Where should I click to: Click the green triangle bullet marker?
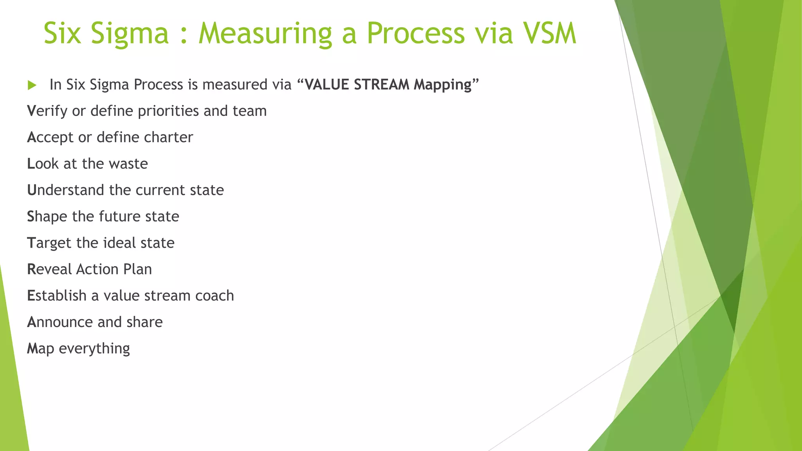tap(32, 85)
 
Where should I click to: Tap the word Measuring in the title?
tap(265, 33)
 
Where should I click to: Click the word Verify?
tap(47, 111)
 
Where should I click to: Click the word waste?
tap(128, 164)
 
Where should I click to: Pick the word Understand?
tap(65, 190)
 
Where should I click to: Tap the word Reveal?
tap(49, 269)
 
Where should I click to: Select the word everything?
tap(94, 348)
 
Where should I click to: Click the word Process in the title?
tap(415, 33)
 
